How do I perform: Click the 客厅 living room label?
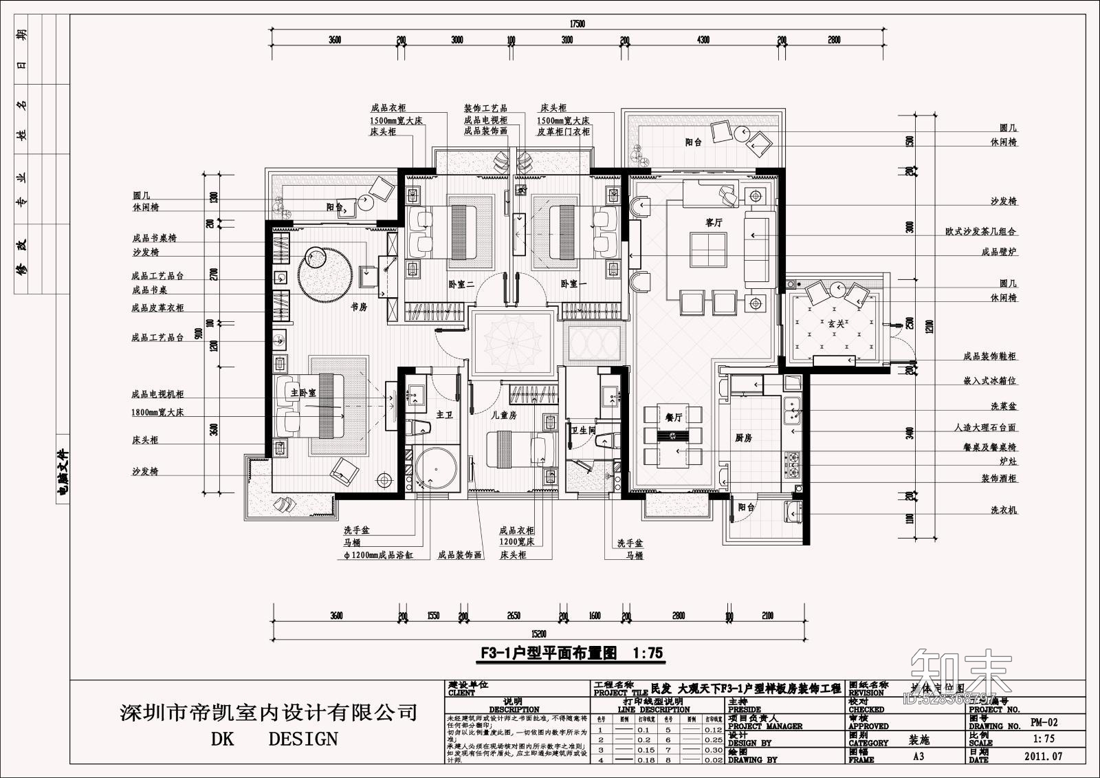click(x=714, y=223)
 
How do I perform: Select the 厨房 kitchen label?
click(x=744, y=437)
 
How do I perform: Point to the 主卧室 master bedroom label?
click(x=303, y=393)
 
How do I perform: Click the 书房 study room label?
click(x=359, y=307)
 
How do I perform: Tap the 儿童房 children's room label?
click(x=503, y=415)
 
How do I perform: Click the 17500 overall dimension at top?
click(x=577, y=24)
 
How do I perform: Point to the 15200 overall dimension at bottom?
click(x=538, y=634)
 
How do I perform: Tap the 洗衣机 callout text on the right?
click(x=1003, y=510)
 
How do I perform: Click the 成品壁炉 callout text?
click(x=998, y=252)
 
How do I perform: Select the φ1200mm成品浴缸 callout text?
click(x=378, y=554)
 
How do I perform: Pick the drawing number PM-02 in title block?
click(x=1044, y=722)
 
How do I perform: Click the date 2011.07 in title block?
click(x=1044, y=756)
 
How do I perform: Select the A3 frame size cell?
click(x=918, y=756)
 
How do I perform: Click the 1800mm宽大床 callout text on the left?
click(x=157, y=412)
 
